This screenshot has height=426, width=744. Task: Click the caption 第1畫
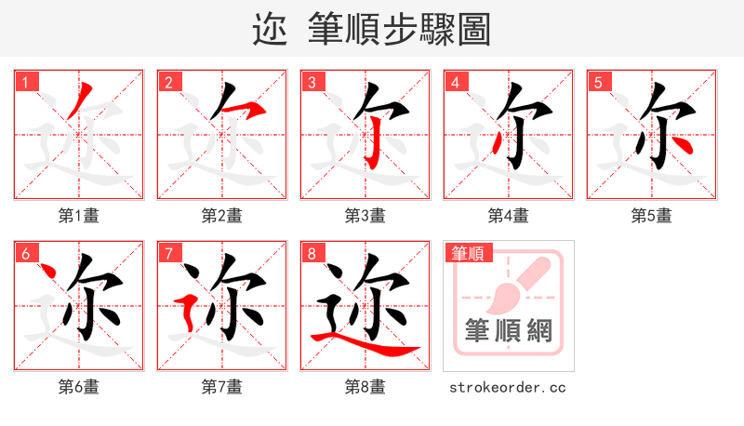point(79,216)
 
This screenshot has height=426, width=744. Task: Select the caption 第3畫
point(365,216)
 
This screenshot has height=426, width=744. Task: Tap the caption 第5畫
point(652,216)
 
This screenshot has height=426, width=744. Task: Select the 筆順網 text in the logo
point(509,330)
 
